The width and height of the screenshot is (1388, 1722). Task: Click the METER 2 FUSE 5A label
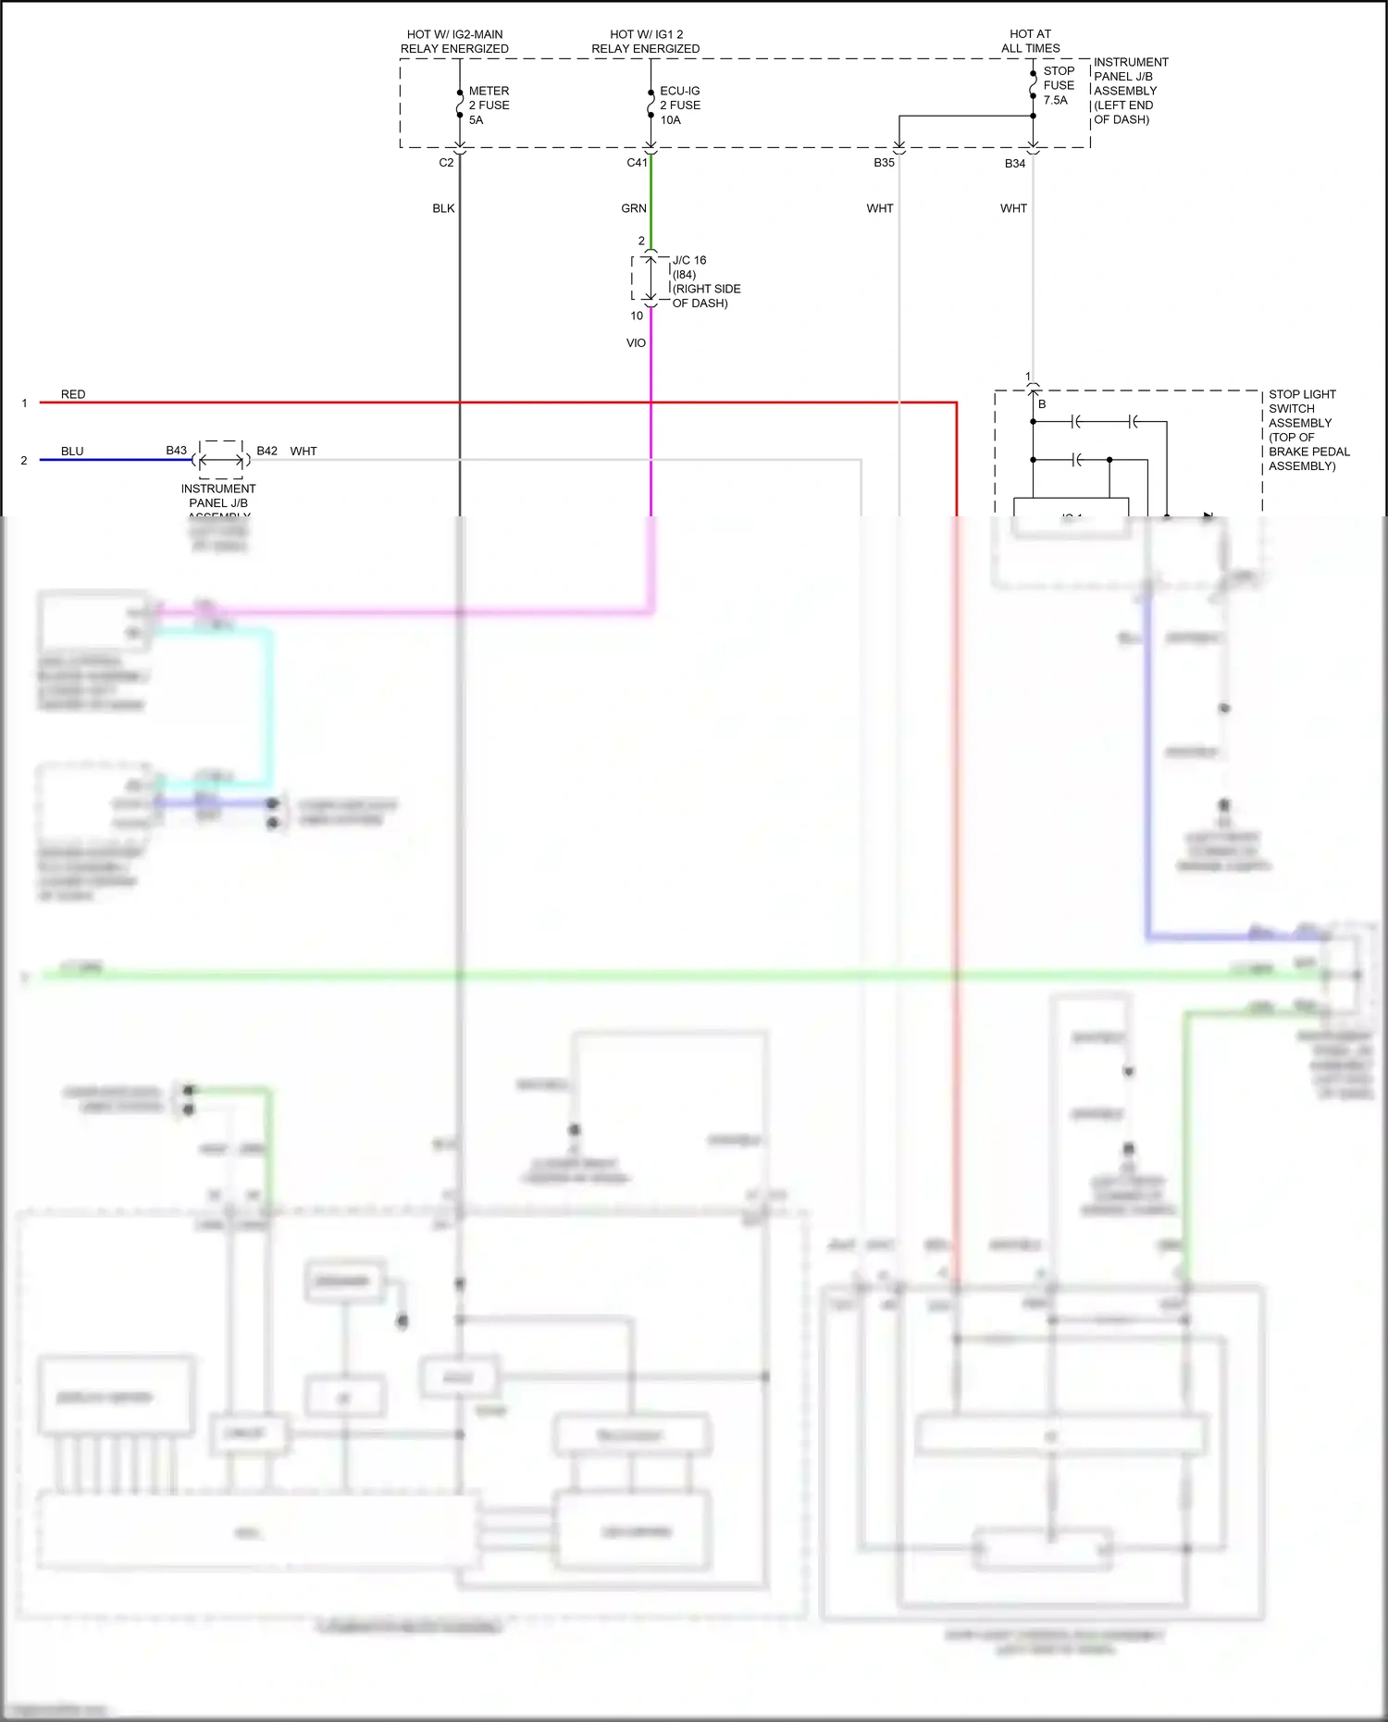(x=489, y=105)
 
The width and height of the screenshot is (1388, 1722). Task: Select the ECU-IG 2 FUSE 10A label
(x=680, y=105)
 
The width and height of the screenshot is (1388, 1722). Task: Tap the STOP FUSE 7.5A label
(x=1059, y=85)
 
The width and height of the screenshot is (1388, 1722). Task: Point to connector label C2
(x=446, y=163)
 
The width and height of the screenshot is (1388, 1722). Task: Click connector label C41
(x=637, y=163)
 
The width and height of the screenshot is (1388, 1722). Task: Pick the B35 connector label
(x=884, y=163)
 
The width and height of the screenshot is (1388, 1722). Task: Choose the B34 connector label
(x=1015, y=164)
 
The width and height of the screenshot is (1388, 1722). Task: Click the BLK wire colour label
(x=443, y=209)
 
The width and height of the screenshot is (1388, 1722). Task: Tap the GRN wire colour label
(x=634, y=209)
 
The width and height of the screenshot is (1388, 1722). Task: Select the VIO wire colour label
(x=636, y=343)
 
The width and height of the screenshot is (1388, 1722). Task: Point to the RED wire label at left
(x=73, y=395)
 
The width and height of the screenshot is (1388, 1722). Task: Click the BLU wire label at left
(x=72, y=452)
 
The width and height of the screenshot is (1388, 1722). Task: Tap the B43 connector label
(x=177, y=451)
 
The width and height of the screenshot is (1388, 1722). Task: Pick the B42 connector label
(x=266, y=452)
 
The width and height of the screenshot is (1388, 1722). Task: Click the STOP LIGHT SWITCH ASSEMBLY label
(x=1308, y=430)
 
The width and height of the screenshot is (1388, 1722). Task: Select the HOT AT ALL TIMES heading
(x=1030, y=42)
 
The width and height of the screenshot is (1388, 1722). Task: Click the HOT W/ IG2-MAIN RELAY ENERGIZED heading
(x=454, y=42)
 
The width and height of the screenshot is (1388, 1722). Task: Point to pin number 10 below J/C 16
(x=637, y=316)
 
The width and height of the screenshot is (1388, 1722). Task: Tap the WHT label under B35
(x=880, y=209)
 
